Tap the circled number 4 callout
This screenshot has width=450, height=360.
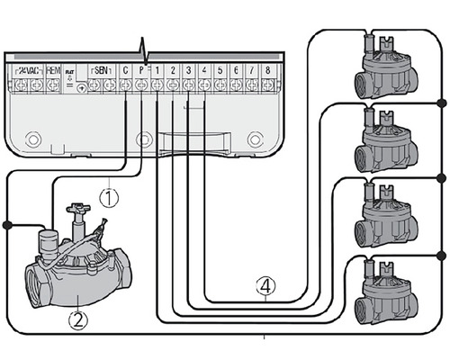tap(265, 287)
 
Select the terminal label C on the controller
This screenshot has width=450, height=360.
tap(125, 71)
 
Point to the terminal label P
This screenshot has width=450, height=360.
tap(141, 71)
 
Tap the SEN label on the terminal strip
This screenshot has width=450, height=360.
tap(101, 71)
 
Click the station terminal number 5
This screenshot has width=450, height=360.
tap(220, 71)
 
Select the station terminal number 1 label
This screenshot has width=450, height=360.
tap(157, 71)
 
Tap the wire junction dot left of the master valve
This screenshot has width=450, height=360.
tap(7, 225)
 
